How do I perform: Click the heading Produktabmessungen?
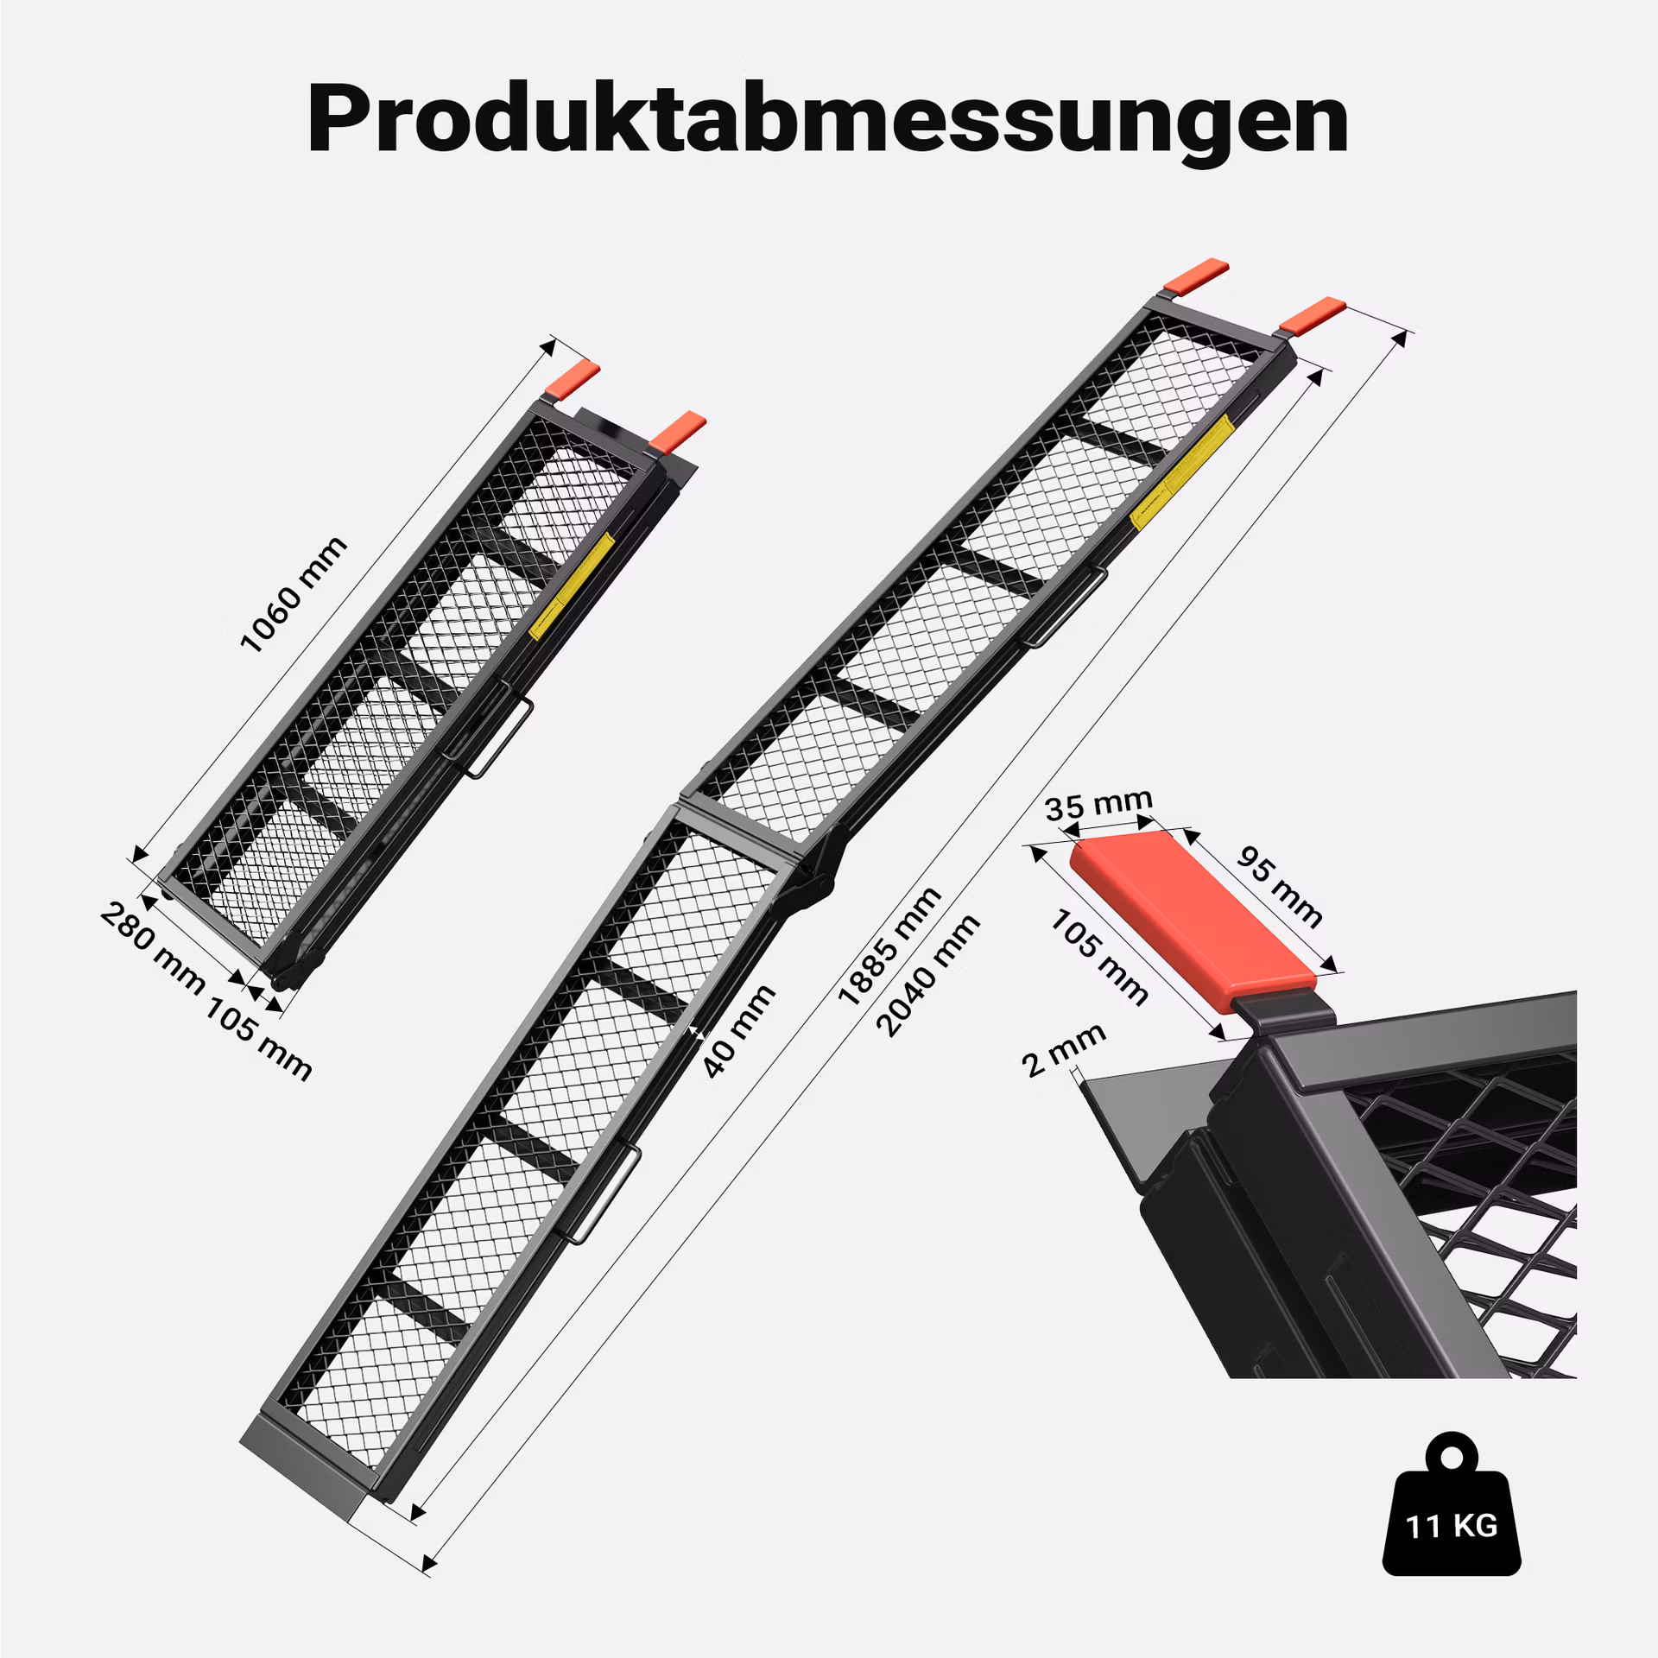pos(827,118)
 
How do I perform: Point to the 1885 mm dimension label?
pos(889,946)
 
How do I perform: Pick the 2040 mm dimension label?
pos(927,975)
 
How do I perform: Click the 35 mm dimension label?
pos(1098,804)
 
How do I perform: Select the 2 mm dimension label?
pos(1063,1050)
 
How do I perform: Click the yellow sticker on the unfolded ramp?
pos(1180,471)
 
